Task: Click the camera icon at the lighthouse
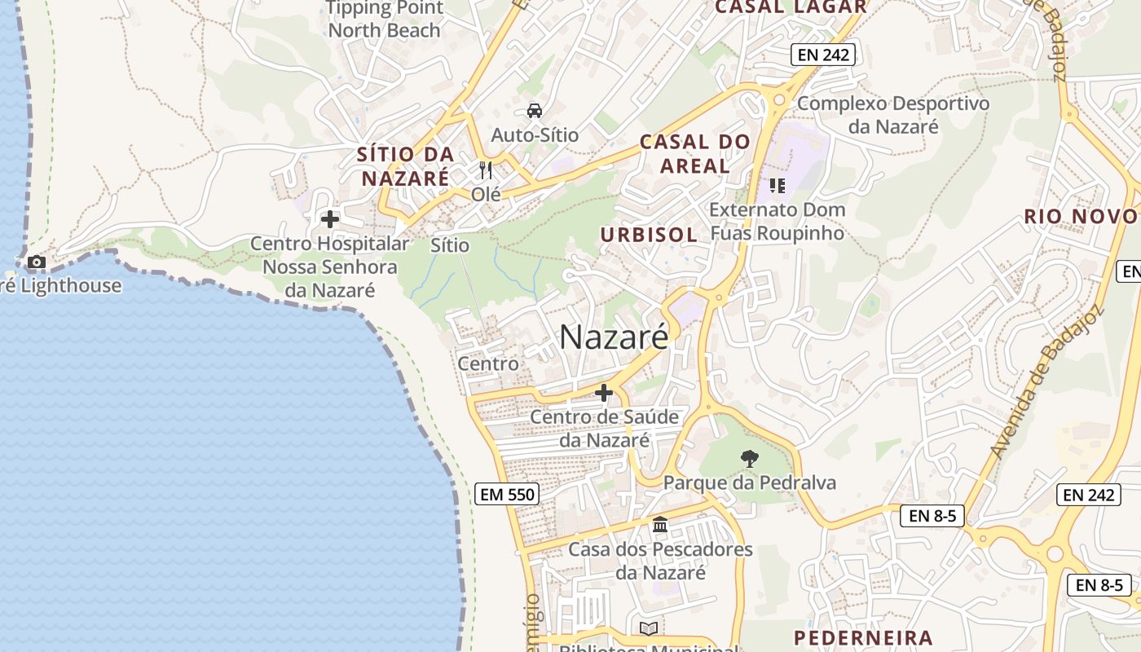(x=37, y=262)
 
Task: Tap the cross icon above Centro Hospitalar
(x=330, y=219)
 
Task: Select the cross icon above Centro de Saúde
(x=604, y=393)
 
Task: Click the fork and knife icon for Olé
(x=486, y=170)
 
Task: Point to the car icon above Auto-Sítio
(x=535, y=110)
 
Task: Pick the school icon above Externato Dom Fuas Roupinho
(x=777, y=186)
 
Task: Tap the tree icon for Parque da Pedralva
(x=749, y=459)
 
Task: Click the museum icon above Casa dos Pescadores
(x=660, y=525)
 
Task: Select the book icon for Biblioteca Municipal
(x=649, y=628)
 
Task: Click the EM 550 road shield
(x=506, y=493)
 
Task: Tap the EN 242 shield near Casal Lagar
(x=822, y=55)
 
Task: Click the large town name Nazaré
(x=614, y=337)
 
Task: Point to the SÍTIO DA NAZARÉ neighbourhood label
(x=405, y=166)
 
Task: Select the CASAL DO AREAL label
(x=695, y=153)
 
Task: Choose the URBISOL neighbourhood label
(x=649, y=235)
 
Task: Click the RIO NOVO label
(x=1081, y=216)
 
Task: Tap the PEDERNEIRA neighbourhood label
(x=863, y=637)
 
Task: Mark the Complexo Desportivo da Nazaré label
(x=893, y=115)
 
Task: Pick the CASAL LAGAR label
(x=791, y=7)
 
